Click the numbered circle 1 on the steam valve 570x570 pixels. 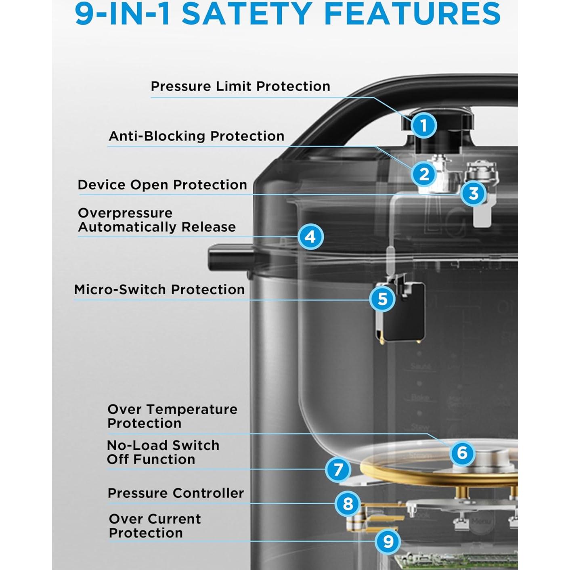(423, 126)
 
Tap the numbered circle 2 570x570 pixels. (424, 174)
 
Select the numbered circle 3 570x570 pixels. (474, 193)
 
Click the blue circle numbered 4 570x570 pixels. (310, 237)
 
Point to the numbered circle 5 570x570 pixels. (382, 299)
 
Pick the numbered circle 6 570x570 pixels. (462, 453)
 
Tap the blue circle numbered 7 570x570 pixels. (338, 469)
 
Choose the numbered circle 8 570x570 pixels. (348, 504)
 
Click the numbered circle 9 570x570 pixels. (388, 541)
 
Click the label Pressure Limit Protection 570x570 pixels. (240, 86)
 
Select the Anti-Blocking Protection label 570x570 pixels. (196, 136)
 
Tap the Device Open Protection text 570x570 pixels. (162, 185)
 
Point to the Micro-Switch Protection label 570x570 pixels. (159, 289)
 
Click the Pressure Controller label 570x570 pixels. (176, 493)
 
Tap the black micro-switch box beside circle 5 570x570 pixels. (406, 313)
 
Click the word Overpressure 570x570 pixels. (125, 213)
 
